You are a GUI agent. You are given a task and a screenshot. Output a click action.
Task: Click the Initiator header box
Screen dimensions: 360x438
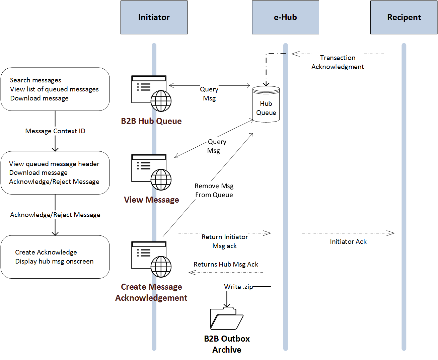(154, 17)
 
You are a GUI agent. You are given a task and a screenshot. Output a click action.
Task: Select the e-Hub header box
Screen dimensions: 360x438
(285, 17)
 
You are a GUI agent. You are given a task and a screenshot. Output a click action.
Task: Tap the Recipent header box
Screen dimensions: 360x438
(404, 17)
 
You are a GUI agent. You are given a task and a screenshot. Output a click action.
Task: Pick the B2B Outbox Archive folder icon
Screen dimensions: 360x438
(226, 318)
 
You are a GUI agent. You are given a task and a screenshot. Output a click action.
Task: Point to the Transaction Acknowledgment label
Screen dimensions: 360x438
(338, 62)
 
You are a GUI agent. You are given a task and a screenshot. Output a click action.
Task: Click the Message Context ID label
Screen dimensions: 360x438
(55, 131)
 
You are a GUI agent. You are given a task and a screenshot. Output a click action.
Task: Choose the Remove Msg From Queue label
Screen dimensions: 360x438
(214, 190)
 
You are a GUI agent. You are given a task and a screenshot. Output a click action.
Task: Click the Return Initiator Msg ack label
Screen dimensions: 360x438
(225, 241)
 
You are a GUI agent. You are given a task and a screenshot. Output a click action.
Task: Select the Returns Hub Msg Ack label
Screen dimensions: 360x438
(226, 264)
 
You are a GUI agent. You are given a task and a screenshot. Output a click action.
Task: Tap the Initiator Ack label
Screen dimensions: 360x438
(348, 241)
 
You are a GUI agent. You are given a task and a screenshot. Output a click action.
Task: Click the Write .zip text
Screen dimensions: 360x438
(238, 287)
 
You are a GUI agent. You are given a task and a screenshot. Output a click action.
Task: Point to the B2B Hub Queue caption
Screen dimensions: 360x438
(151, 121)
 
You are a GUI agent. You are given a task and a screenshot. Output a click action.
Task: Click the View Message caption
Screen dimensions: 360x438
(151, 200)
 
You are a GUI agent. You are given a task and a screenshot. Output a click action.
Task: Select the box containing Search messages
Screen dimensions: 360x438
(55, 89)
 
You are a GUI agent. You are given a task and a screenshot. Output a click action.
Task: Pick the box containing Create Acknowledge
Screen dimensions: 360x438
(55, 257)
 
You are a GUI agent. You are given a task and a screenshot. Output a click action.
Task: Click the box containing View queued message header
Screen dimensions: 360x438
(55, 173)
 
